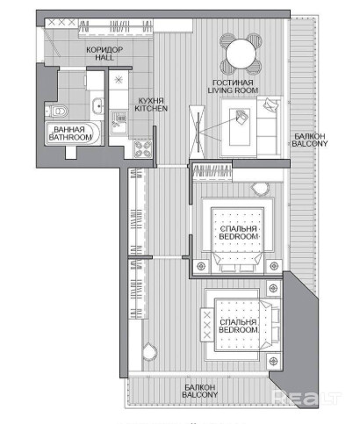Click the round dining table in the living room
click(241, 54)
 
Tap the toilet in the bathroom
click(57, 111)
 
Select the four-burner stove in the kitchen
click(143, 149)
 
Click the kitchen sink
click(119, 123)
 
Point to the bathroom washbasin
click(97, 105)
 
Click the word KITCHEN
click(151, 108)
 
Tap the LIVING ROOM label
click(233, 90)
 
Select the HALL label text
click(104, 57)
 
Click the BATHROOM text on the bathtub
click(70, 137)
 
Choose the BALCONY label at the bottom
click(200, 394)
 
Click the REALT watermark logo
click(306, 398)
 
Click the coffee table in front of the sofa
click(240, 127)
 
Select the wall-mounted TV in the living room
click(198, 133)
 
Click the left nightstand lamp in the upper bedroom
click(201, 266)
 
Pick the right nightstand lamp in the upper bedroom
click(274, 266)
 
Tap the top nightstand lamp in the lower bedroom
click(274, 288)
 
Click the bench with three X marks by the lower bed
click(207, 325)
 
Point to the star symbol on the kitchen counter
click(119, 79)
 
